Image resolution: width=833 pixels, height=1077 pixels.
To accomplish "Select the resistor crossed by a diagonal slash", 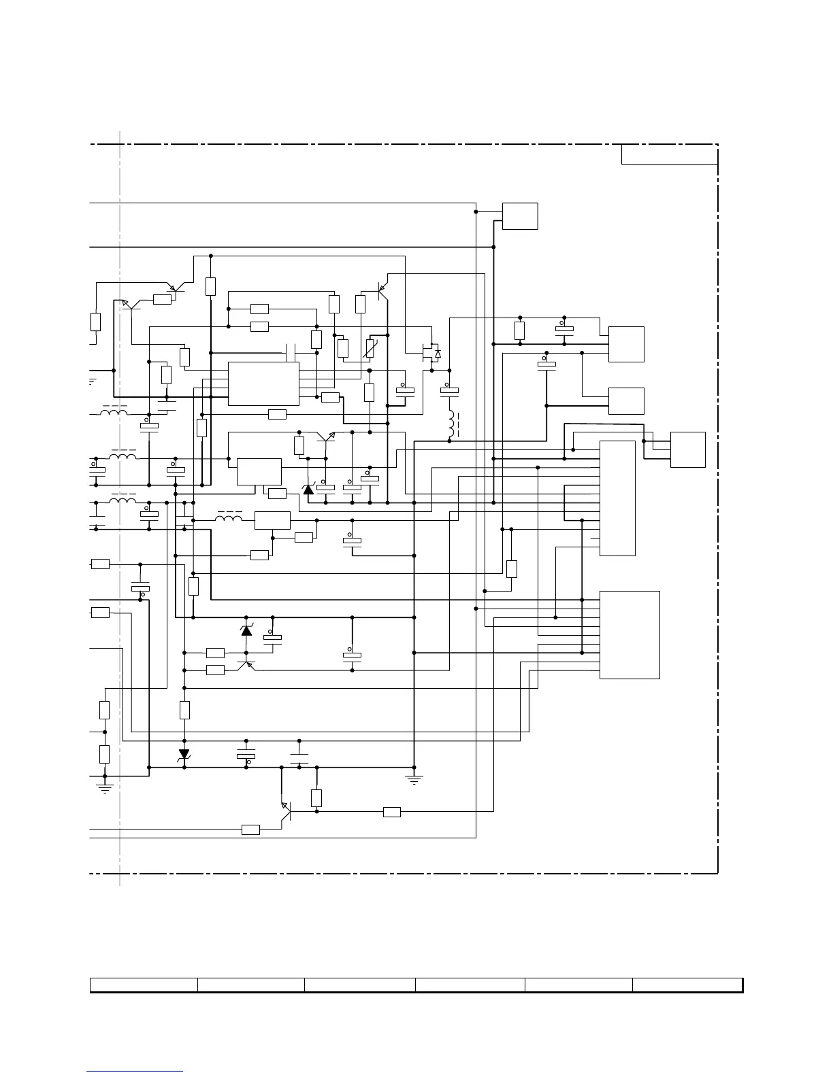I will point(370,349).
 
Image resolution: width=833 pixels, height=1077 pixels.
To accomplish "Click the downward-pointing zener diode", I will point(184,755).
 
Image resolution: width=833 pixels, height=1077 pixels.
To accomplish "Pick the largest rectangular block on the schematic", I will point(630,634).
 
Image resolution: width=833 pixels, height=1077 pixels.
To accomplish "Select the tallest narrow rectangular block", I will point(617,498).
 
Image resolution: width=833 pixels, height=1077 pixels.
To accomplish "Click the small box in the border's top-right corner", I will point(670,154).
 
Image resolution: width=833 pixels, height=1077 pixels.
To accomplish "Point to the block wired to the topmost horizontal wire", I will point(520,216).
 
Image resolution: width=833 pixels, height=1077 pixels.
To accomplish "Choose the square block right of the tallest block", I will point(687,449).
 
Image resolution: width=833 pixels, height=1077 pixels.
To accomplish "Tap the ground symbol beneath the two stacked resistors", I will point(104,789).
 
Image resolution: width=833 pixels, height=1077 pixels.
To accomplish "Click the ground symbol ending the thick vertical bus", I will point(414,778).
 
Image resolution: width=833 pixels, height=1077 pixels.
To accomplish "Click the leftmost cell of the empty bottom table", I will point(144,985).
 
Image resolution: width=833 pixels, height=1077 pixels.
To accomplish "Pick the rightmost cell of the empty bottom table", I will point(687,985).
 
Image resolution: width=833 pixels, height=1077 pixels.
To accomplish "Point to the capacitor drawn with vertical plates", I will point(291,353).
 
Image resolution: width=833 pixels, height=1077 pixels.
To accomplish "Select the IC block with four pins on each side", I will point(263,383).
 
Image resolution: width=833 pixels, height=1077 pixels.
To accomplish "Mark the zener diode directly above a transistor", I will point(246,631).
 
